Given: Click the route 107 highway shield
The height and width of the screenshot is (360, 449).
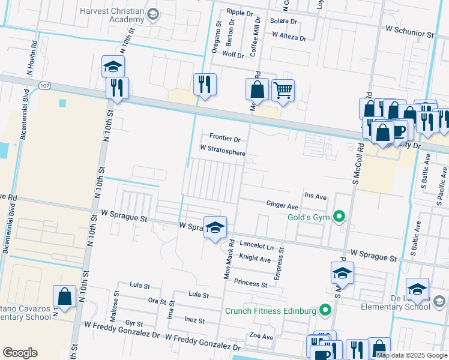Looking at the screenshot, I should (x=45, y=86).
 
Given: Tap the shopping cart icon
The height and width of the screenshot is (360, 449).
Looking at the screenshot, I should (x=283, y=91).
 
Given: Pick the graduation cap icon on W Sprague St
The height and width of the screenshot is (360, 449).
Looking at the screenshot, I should (x=215, y=227).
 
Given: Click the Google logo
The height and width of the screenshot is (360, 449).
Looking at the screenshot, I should (x=20, y=353).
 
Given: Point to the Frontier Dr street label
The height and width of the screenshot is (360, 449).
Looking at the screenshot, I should (x=224, y=139).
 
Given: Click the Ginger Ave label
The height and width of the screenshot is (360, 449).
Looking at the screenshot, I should (x=282, y=205).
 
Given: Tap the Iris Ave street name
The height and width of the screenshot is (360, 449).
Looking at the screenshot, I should (x=315, y=196).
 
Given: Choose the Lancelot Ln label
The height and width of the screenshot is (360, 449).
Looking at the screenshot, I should (x=256, y=246).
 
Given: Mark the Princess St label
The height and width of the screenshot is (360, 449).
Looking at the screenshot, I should (x=250, y=283).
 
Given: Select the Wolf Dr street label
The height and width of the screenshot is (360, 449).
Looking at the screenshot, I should (x=233, y=55).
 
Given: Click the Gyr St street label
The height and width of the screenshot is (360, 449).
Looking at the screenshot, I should (x=134, y=323).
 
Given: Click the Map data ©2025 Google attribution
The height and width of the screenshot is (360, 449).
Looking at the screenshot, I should (x=412, y=355).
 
